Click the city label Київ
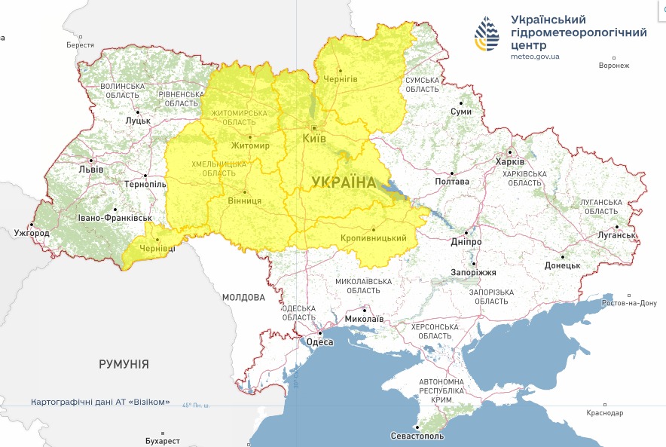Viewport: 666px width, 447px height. pyautogui.click(x=313, y=139)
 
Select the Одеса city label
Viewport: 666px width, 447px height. pyautogui.click(x=319, y=342)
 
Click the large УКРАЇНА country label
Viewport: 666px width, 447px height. pyautogui.click(x=344, y=182)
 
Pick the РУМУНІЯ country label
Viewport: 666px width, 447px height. pyautogui.click(x=124, y=364)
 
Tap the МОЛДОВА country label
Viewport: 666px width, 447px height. pyautogui.click(x=243, y=298)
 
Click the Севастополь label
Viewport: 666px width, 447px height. pyautogui.click(x=418, y=436)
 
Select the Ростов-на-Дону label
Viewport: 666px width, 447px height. pyautogui.click(x=629, y=303)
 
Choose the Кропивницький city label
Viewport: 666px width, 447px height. pyautogui.click(x=374, y=239)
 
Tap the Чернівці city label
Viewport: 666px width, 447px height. pyautogui.click(x=157, y=248)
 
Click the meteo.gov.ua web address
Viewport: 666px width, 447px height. pyautogui.click(x=535, y=56)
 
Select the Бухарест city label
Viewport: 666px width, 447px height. pyautogui.click(x=162, y=440)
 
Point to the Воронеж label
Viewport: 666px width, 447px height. pyautogui.click(x=613, y=66)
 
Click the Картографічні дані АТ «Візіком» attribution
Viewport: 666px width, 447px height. pyautogui.click(x=100, y=402)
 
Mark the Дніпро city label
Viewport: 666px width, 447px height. pyautogui.click(x=466, y=242)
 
